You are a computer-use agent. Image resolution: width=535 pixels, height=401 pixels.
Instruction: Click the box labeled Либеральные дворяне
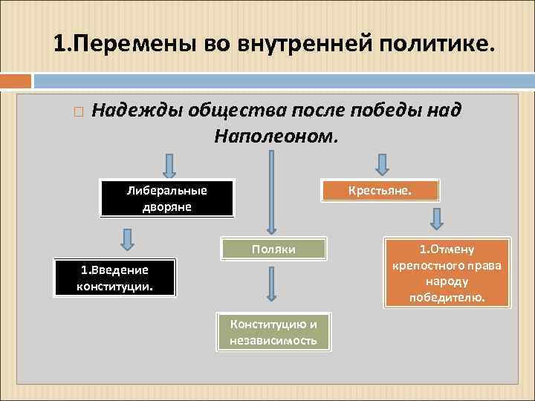tap(167, 198)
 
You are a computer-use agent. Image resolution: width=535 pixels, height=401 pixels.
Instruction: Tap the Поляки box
tap(274, 249)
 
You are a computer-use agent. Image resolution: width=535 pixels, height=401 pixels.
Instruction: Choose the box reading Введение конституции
tap(115, 278)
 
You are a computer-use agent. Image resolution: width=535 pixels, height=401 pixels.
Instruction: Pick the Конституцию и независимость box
tap(274, 332)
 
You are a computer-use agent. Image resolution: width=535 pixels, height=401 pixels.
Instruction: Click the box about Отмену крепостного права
tap(447, 273)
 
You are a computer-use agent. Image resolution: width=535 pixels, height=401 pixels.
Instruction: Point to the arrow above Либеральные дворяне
tap(169, 166)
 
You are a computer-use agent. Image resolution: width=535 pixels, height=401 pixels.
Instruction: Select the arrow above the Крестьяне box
tap(381, 164)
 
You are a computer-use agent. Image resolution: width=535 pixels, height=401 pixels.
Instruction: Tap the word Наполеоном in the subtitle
tap(276, 136)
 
